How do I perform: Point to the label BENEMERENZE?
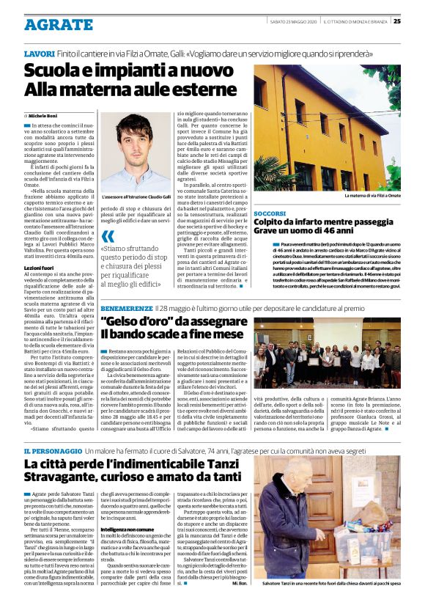(x=125, y=309)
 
